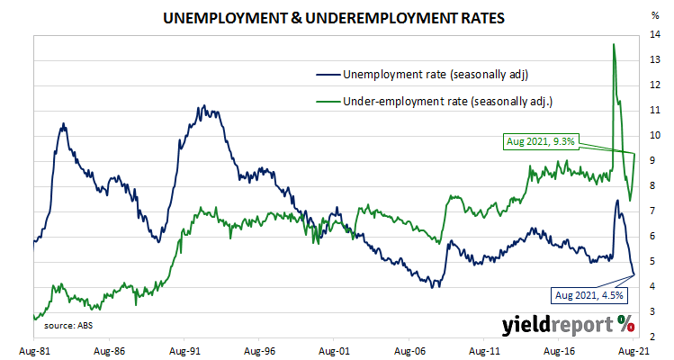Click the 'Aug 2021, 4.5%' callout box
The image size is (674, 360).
pyautogui.click(x=590, y=295)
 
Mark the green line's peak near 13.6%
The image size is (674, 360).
pyautogui.click(x=614, y=44)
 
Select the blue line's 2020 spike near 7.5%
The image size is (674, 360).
pyautogui.click(x=616, y=200)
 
